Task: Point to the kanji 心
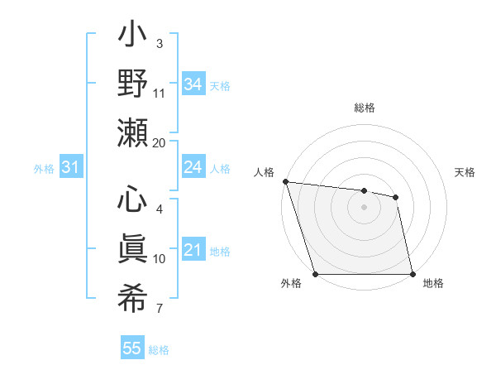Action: pos(133,201)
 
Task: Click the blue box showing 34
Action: pos(193,84)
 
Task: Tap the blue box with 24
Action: pos(193,167)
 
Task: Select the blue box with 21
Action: pos(193,250)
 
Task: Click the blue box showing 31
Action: pos(70,167)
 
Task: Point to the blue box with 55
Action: pos(132,348)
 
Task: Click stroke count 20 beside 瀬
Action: pos(159,142)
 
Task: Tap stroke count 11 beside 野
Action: pos(159,93)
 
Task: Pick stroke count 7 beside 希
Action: pos(159,309)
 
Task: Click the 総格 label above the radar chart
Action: pos(364,108)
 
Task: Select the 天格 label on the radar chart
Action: pos(465,172)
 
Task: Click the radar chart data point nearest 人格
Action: pos(285,181)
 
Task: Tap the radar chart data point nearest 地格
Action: pos(412,274)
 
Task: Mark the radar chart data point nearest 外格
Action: pos(315,274)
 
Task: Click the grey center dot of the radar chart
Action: pos(364,207)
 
